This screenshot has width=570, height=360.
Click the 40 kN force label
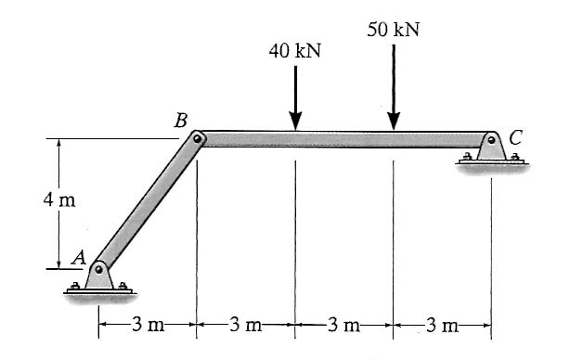(x=295, y=51)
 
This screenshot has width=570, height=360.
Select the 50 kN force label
(x=393, y=30)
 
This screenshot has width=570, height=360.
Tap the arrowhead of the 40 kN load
(x=295, y=121)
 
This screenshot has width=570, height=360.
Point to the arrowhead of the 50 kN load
(x=394, y=121)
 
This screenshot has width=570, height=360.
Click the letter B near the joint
(x=181, y=121)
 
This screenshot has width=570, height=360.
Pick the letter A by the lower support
(x=79, y=258)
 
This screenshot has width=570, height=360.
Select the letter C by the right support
(x=516, y=137)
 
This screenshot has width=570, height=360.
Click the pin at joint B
(x=198, y=138)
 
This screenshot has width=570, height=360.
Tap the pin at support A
(x=98, y=270)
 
